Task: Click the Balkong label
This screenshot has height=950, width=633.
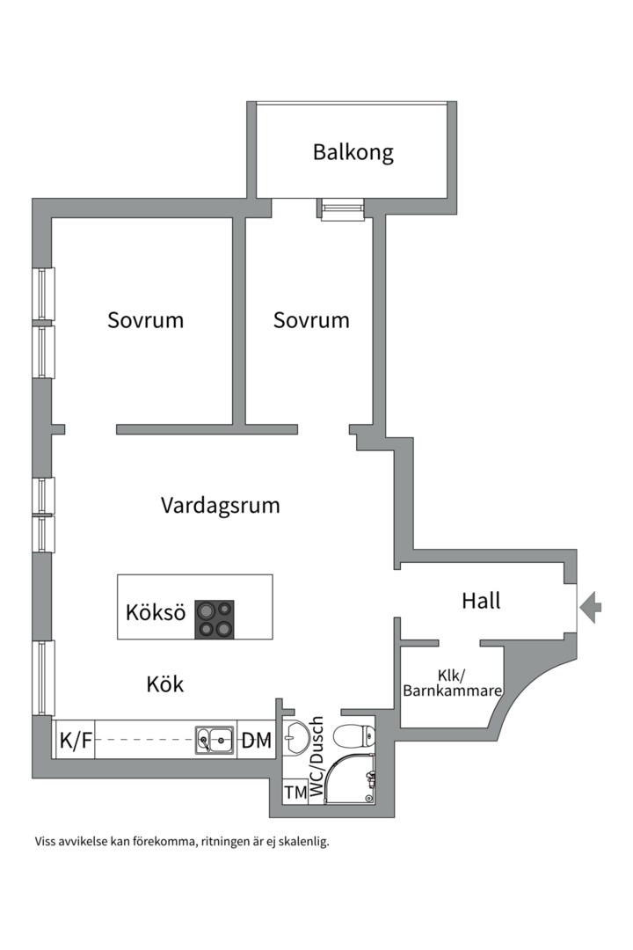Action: [353, 152]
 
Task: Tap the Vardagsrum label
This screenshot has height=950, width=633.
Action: [221, 506]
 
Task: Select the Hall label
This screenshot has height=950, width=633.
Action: [481, 601]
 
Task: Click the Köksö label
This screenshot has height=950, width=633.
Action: [156, 612]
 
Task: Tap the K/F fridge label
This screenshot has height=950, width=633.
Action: [76, 741]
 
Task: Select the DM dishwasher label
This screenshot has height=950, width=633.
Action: [257, 741]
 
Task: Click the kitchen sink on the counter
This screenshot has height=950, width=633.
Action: [215, 741]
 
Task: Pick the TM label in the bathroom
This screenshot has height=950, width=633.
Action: [295, 793]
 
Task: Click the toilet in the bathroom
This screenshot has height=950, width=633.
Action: [357, 737]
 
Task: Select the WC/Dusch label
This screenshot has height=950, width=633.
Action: [317, 756]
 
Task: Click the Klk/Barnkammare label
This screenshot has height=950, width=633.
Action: [452, 683]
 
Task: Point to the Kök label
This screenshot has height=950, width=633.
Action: [165, 683]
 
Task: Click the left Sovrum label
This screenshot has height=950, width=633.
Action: [146, 320]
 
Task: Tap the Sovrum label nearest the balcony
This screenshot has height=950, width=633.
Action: [311, 320]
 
